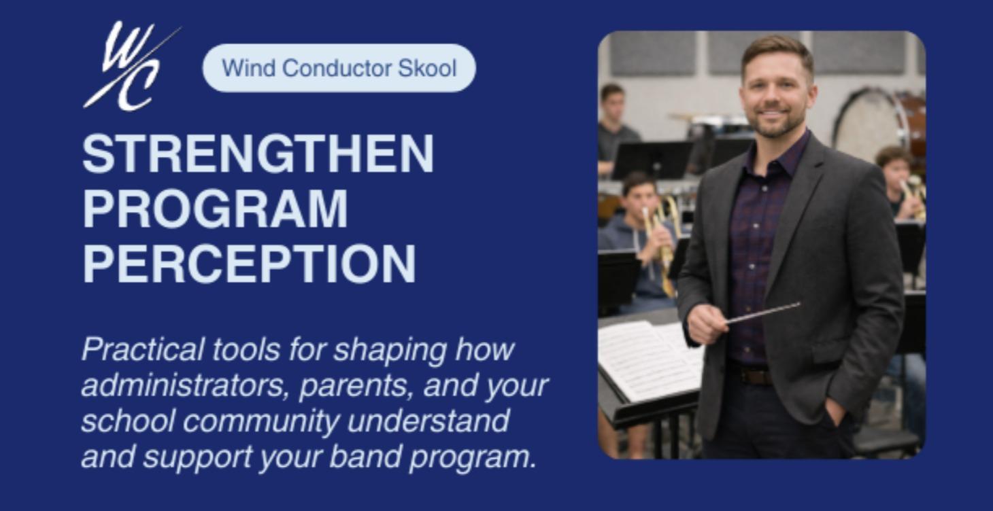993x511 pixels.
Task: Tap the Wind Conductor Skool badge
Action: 339,68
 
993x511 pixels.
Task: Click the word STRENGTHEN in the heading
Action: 258,154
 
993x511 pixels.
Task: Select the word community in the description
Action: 261,421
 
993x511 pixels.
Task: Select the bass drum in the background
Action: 877,126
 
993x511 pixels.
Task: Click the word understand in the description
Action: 428,421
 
